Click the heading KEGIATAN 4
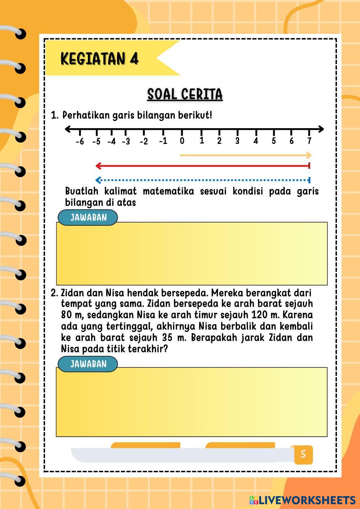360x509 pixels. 99,58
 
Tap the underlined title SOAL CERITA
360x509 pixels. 185,94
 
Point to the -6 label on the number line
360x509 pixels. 80,141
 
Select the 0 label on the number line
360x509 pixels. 182,141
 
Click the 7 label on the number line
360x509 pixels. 309,141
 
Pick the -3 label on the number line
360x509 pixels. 126,141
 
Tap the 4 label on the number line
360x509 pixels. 256,141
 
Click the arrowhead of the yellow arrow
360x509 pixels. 309,156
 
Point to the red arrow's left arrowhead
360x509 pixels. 98,166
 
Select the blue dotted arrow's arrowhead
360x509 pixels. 98,180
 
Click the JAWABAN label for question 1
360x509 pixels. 88,217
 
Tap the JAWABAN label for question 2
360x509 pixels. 88,364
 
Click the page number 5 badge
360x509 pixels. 303,454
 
